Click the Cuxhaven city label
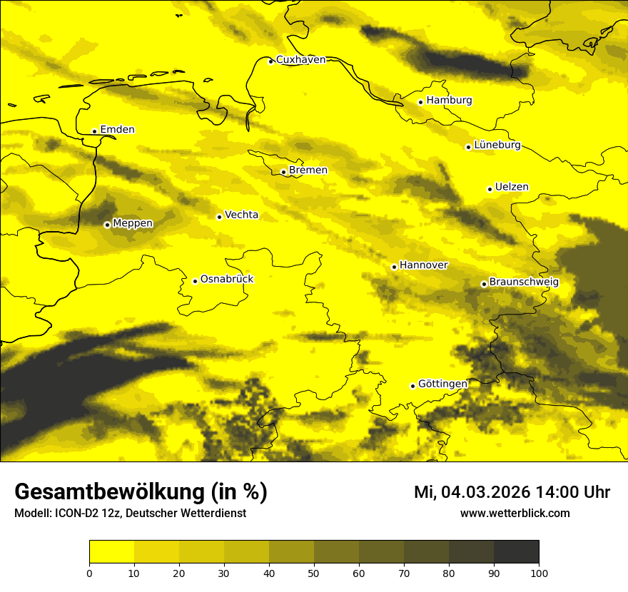(300, 60)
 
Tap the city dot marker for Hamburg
(420, 102)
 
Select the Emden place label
(117, 130)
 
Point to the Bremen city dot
(283, 172)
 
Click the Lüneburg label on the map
(497, 146)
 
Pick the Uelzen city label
(512, 188)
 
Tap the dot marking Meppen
(107, 225)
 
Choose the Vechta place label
(241, 215)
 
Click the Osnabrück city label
(227, 279)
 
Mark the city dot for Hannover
(394, 267)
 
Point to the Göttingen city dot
(412, 386)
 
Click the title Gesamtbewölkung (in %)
(141, 492)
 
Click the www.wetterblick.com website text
(515, 513)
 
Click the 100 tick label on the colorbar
(539, 573)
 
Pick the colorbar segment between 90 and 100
(516, 552)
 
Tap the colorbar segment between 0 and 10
(111, 552)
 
